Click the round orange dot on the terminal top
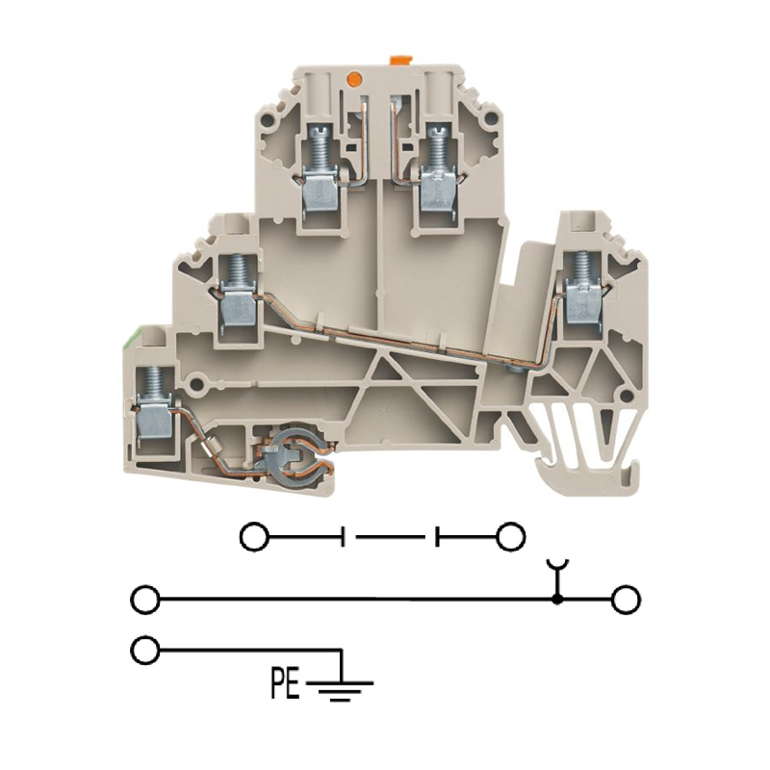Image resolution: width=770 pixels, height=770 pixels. [x=353, y=78]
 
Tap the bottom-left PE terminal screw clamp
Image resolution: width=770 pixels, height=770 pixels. [x=154, y=406]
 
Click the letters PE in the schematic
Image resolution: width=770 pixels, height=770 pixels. [x=285, y=682]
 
